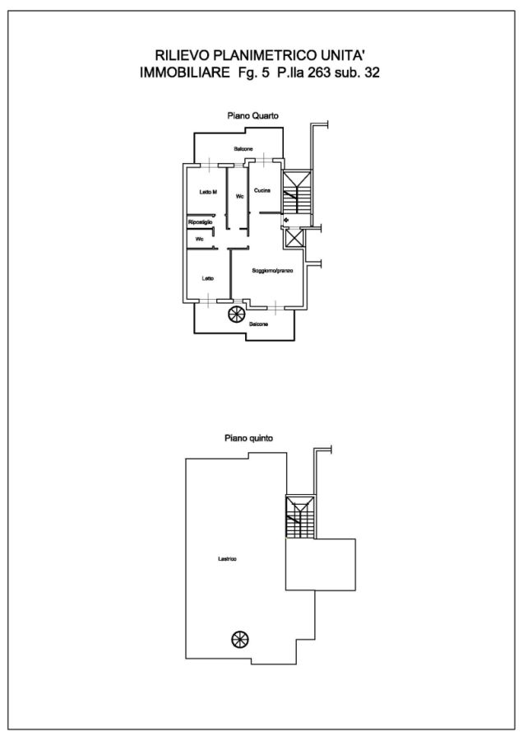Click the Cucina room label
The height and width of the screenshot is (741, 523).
tap(262, 190)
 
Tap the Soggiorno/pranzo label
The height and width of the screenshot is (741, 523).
tap(272, 271)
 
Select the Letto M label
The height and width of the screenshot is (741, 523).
tap(208, 192)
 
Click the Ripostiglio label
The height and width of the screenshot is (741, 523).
tap(200, 221)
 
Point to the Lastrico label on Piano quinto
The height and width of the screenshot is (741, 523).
tap(227, 558)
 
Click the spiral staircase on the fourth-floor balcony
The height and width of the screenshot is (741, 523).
tap(237, 315)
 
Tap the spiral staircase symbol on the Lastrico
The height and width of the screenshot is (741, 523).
tap(240, 640)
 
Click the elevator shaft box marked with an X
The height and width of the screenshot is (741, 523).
tap(294, 237)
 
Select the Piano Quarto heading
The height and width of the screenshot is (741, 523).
tap(253, 115)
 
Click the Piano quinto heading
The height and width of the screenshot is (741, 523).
tap(249, 438)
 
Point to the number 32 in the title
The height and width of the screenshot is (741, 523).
tap(372, 72)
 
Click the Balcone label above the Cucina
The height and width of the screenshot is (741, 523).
tap(243, 149)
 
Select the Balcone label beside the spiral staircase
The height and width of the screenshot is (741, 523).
tap(259, 324)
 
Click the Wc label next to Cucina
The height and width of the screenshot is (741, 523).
tap(240, 196)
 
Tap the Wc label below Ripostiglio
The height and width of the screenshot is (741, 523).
tap(199, 239)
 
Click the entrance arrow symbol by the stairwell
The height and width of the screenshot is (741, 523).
tap(286, 220)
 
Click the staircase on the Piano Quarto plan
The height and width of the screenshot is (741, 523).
tap(297, 192)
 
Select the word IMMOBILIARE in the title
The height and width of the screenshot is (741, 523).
tap(178, 72)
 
